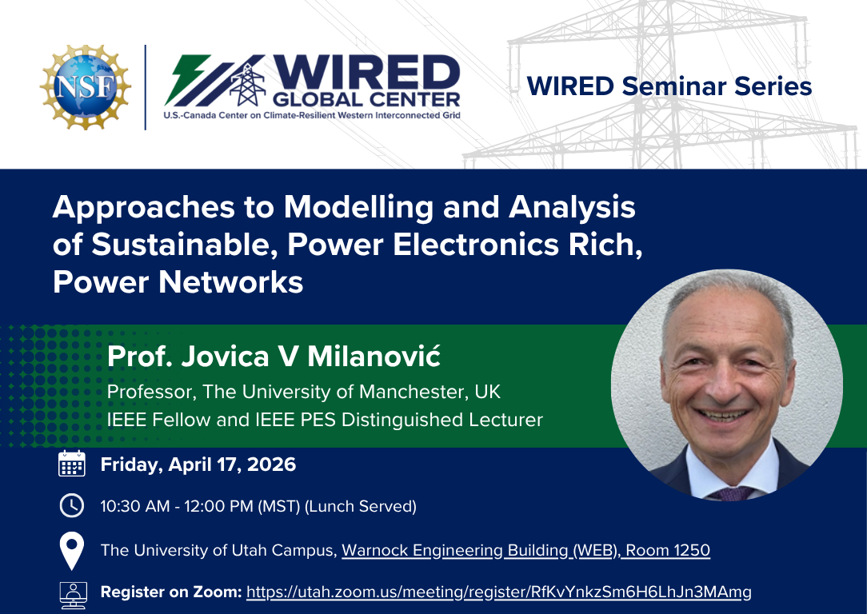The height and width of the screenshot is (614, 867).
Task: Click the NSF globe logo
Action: (86, 87)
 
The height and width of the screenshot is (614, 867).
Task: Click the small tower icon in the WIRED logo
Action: (247, 84)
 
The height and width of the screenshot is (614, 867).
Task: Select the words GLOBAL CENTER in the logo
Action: (366, 99)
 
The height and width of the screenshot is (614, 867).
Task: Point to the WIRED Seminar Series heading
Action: (669, 86)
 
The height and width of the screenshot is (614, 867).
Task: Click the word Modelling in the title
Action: (358, 208)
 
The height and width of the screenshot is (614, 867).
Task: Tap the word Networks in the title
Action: (230, 282)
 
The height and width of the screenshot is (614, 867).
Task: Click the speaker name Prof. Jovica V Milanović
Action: (274, 356)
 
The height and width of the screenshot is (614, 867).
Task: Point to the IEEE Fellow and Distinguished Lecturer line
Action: (325, 420)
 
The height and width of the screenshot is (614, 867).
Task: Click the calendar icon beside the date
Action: (72, 464)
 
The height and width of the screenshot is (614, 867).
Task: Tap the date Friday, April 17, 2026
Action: (198, 464)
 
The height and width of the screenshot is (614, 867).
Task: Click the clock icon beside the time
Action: (72, 506)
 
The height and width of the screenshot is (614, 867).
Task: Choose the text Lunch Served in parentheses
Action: (361, 506)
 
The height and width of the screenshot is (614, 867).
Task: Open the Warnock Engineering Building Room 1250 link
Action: (525, 551)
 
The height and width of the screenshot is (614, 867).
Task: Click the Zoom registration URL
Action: (499, 592)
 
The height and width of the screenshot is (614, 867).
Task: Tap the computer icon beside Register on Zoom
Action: (73, 595)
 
